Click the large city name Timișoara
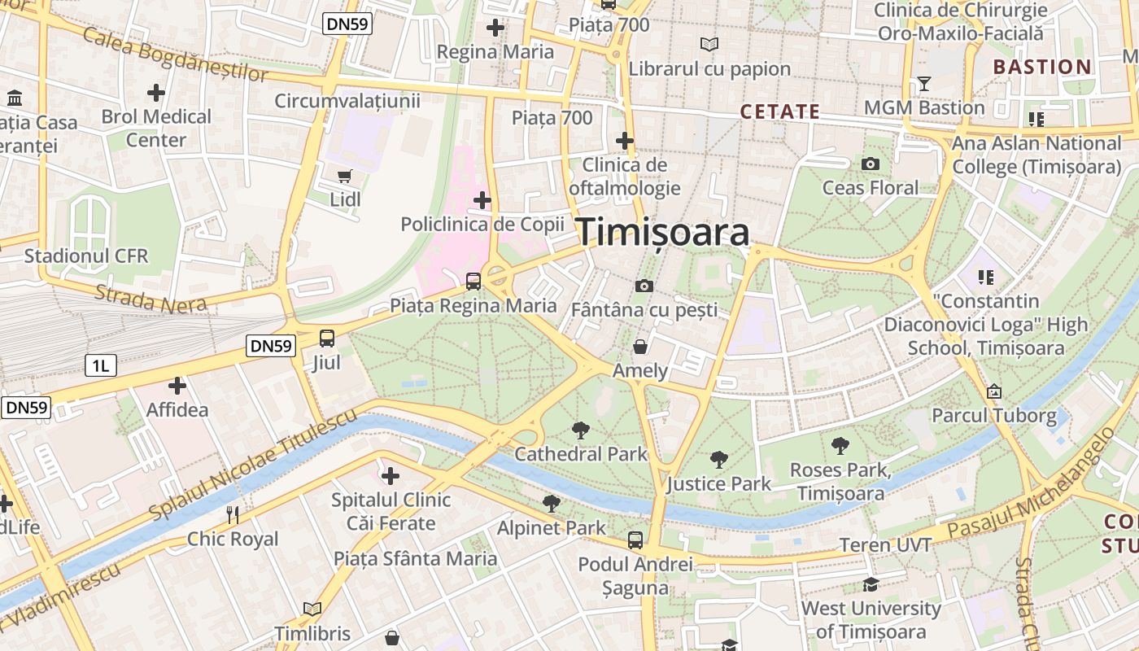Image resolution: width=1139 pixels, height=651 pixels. [x=663, y=233]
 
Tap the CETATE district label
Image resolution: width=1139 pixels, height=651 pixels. [x=779, y=111]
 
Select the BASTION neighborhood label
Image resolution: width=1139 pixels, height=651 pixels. [x=1042, y=67]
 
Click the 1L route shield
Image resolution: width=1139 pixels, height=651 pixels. [x=101, y=365]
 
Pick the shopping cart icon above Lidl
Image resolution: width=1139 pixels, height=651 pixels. [x=345, y=176]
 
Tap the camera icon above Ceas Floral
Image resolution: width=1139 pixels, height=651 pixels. [x=871, y=164]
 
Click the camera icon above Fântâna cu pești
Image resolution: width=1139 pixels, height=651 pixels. [x=644, y=286]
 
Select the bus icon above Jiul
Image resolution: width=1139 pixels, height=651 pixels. [x=326, y=339]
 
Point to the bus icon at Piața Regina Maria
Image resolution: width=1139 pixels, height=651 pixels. [x=473, y=282]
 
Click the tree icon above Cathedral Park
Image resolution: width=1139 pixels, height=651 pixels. [x=580, y=430]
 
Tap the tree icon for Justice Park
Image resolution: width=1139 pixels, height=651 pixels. [x=718, y=460]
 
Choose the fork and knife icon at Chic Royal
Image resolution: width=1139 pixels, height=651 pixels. [x=233, y=514]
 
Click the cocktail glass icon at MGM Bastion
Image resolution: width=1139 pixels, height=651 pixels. [x=923, y=84]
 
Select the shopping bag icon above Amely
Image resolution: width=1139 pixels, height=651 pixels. [x=640, y=347]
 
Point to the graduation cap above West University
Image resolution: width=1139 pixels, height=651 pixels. [x=871, y=584]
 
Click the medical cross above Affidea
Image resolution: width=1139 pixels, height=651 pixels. [x=177, y=386]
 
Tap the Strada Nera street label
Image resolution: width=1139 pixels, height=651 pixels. [x=151, y=298]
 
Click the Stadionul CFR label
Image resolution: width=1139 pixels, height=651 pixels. [x=86, y=256]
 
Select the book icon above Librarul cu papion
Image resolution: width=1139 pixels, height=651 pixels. [x=709, y=44]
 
